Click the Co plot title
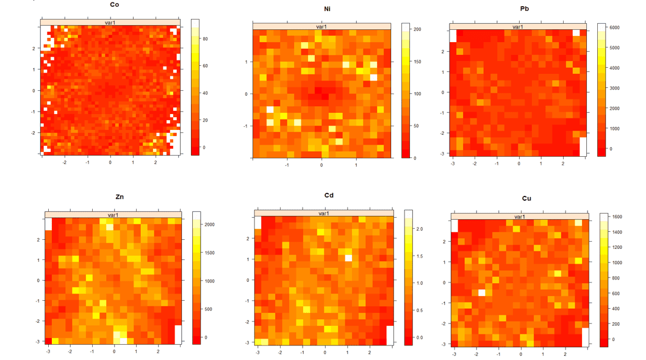click(115, 4)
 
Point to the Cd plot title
click(328, 196)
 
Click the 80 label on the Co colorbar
click(206, 39)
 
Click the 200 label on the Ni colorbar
click(417, 29)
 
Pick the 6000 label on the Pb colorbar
click(614, 27)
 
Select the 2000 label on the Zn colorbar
click(209, 225)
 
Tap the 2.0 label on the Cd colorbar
click(420, 229)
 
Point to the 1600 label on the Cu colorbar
click(617, 217)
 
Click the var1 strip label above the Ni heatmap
click(323, 26)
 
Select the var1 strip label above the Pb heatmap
click(517, 27)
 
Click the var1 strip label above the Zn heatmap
click(113, 215)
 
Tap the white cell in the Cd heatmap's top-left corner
click(257, 222)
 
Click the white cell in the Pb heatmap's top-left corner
click(453, 35)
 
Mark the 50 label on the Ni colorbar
click(416, 126)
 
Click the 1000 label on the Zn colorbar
click(209, 281)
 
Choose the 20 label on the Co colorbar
click(206, 120)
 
